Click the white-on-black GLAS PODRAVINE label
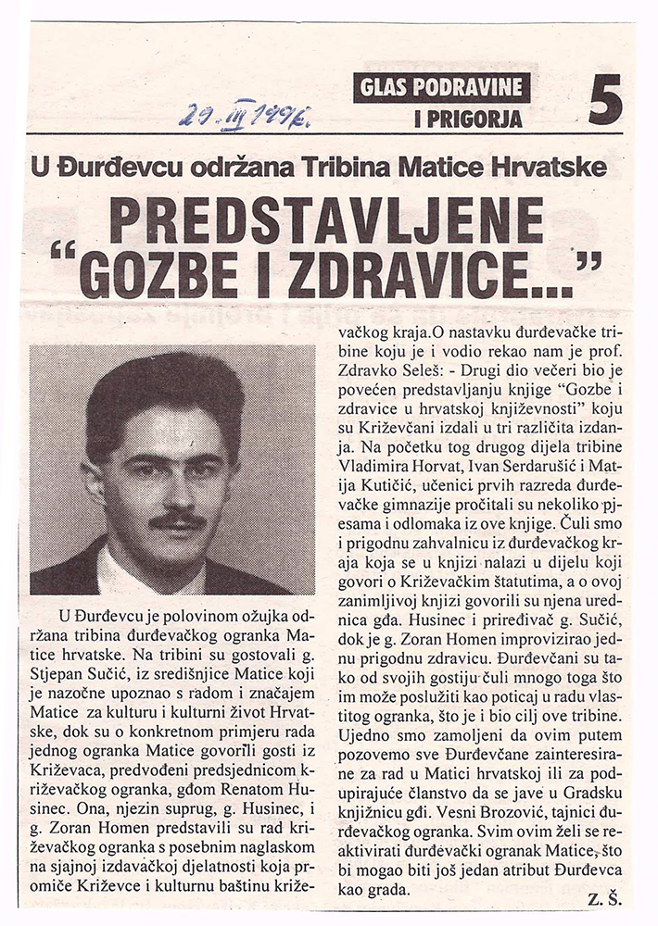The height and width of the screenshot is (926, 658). tap(441, 89)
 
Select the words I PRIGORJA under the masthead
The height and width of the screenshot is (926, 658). tap(469, 119)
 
